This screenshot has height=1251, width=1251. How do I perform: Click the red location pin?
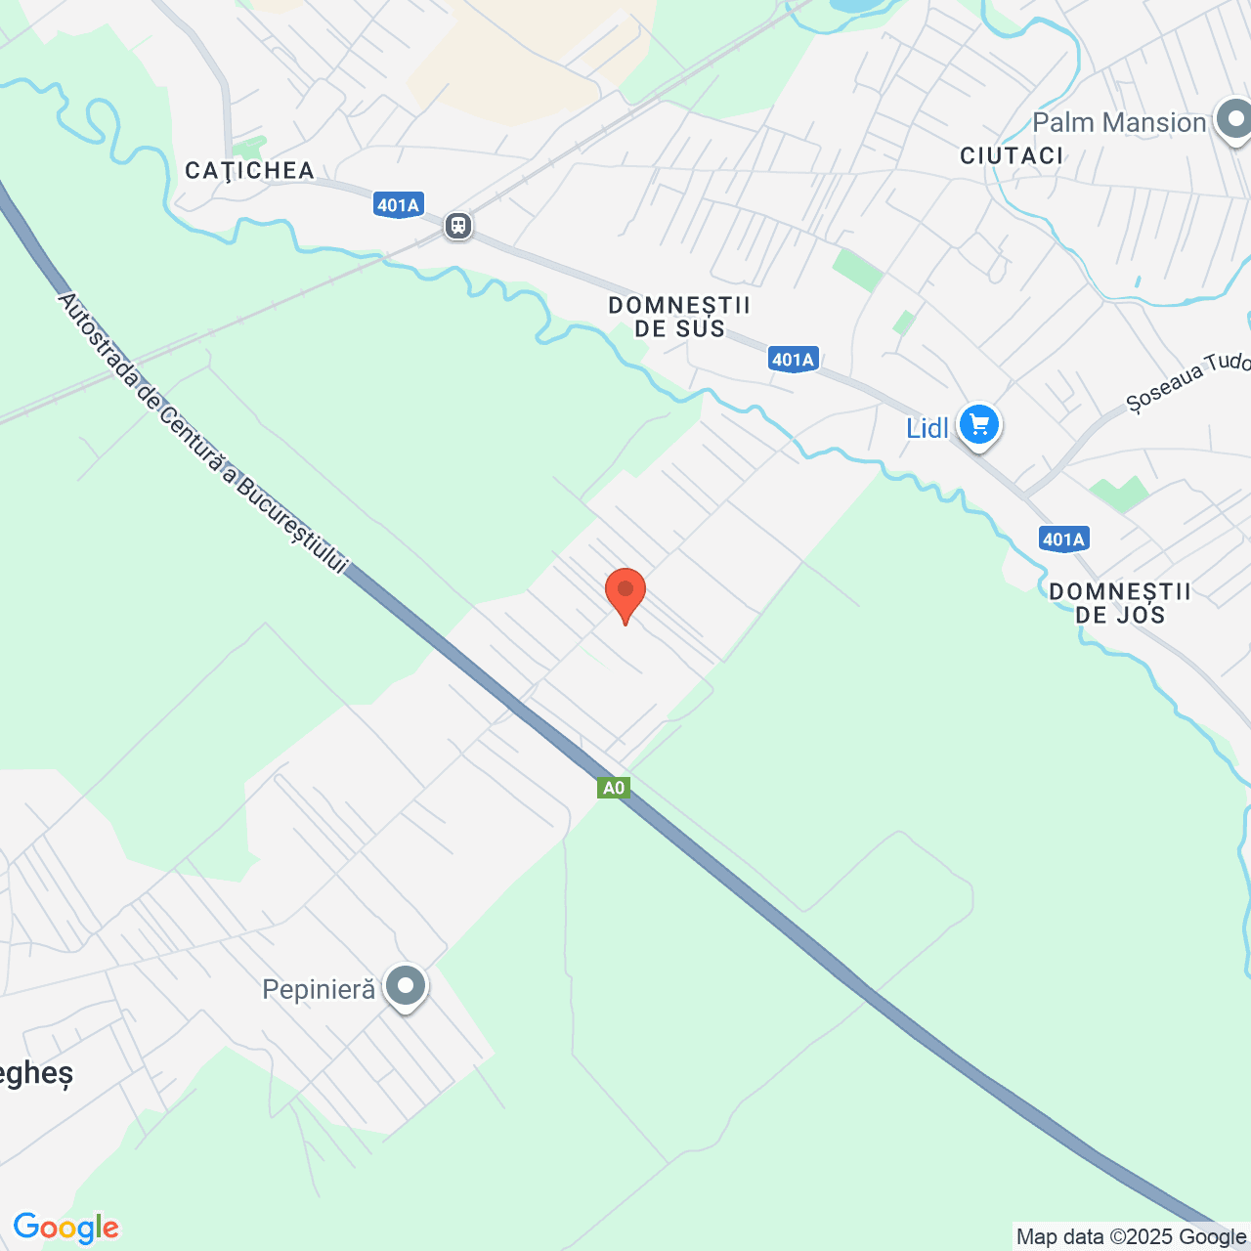pos(625,592)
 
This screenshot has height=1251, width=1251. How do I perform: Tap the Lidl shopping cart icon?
pos(978,425)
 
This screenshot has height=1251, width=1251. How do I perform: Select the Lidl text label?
pos(927,428)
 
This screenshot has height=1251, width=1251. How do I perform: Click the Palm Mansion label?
pos(1119,122)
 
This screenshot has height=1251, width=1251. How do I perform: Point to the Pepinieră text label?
pos(319,989)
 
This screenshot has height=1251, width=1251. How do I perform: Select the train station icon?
pos(457,226)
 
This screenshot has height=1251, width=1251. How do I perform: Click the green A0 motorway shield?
pos(614,788)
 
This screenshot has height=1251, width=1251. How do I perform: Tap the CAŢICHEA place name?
pos(250,170)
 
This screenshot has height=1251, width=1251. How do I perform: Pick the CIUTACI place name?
pos(1012,155)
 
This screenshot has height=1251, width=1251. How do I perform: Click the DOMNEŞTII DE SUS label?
pos(679,317)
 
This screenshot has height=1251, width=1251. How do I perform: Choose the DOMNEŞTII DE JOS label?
pos(1120,603)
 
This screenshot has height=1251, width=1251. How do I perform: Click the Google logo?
pos(66,1228)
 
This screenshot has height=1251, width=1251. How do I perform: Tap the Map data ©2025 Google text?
pos(1131,1237)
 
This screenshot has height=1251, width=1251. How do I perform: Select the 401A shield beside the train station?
pos(398,205)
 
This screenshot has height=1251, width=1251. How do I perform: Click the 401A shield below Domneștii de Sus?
pos(793,360)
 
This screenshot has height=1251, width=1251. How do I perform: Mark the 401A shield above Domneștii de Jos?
pos(1063,539)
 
